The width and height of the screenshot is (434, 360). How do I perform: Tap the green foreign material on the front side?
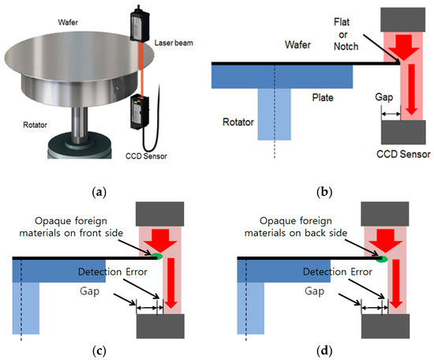pyautogui.click(x=158, y=255)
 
